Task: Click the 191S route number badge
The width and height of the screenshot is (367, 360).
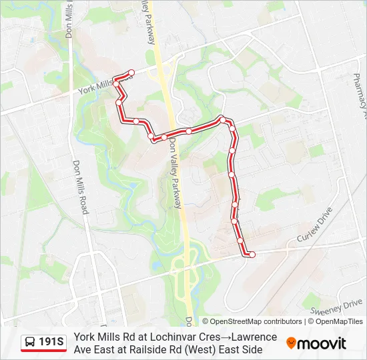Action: (51, 343)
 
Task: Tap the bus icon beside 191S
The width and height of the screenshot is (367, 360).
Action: (30, 343)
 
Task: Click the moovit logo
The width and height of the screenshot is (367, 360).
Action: (316, 343)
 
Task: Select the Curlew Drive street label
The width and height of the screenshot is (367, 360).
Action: (315, 228)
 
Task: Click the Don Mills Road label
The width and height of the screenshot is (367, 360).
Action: (81, 187)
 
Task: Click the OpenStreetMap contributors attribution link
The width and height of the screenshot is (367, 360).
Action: (252, 321)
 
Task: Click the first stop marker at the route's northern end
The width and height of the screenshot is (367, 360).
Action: (131, 73)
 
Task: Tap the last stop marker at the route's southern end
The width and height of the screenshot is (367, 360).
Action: (252, 254)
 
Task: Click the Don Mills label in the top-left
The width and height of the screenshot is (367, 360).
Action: (69, 17)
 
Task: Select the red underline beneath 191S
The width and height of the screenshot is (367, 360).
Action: (43, 351)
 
